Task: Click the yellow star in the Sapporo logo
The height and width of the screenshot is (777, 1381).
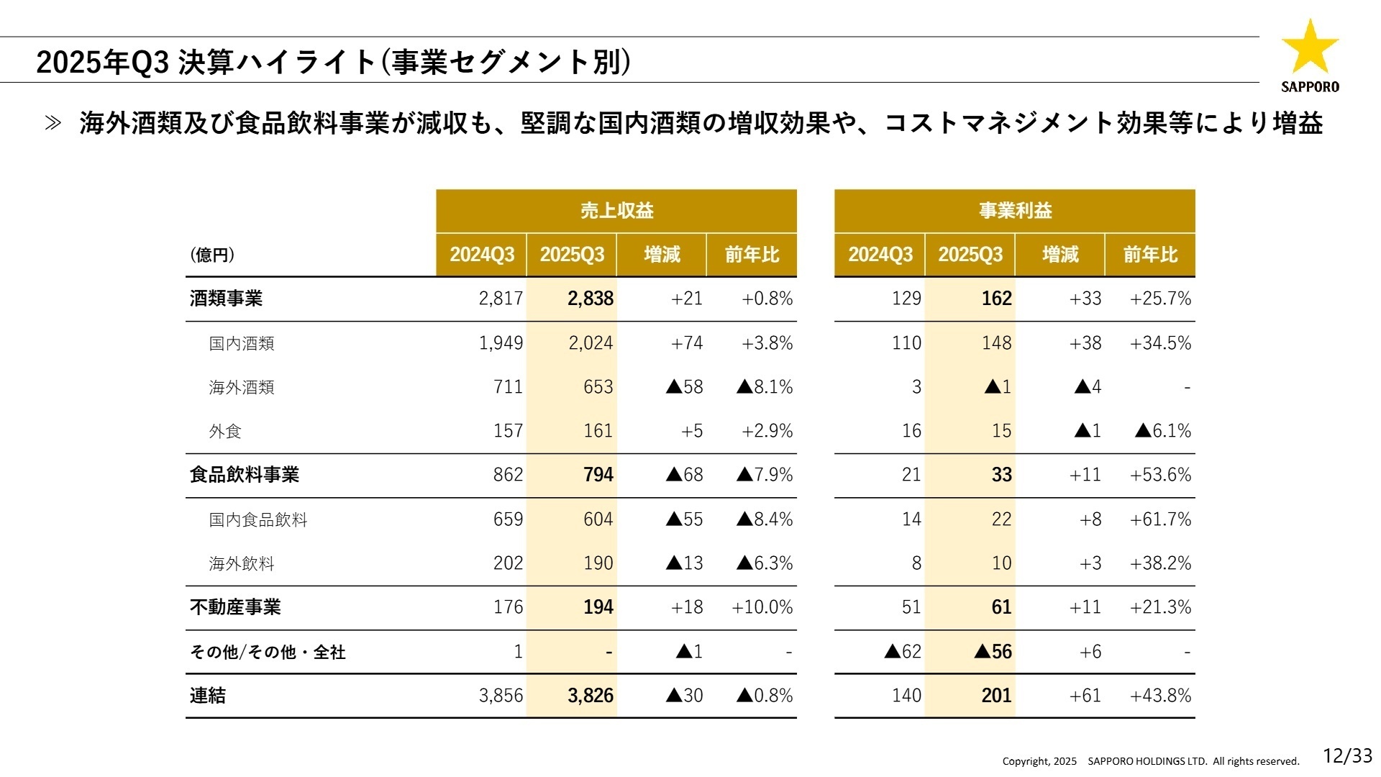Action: [x=1310, y=47]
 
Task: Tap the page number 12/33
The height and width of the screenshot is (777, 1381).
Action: [x=1347, y=755]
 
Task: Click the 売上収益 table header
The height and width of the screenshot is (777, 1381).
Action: [x=616, y=211]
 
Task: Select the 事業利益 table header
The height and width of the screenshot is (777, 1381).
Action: [x=1015, y=211]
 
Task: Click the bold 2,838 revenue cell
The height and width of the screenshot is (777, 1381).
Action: [x=590, y=299]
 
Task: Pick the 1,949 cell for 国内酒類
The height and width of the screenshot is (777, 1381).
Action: [x=501, y=343]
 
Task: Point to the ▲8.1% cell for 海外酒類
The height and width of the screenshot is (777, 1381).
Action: [x=765, y=387]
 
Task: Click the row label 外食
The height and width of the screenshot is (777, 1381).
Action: [x=225, y=431]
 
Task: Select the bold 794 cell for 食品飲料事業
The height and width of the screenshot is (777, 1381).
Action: [x=598, y=475]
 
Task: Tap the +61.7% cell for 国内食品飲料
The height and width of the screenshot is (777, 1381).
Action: [x=1160, y=519]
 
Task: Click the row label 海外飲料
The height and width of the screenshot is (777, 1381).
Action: [x=242, y=563]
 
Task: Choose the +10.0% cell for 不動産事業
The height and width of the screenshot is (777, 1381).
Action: [x=762, y=607]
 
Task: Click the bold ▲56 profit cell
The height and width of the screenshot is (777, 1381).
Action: [x=993, y=652]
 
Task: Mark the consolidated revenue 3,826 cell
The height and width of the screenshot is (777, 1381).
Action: [x=590, y=696]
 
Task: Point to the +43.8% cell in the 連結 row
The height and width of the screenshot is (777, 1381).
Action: [x=1160, y=696]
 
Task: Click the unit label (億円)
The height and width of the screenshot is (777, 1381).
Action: [x=212, y=255]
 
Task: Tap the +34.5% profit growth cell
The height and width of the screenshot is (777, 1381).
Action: [x=1160, y=343]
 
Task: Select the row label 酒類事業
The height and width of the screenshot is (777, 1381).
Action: [x=226, y=299]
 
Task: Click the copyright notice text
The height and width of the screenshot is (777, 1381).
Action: [x=1151, y=761]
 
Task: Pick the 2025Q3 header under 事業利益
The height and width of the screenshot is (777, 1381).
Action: [x=970, y=255]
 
